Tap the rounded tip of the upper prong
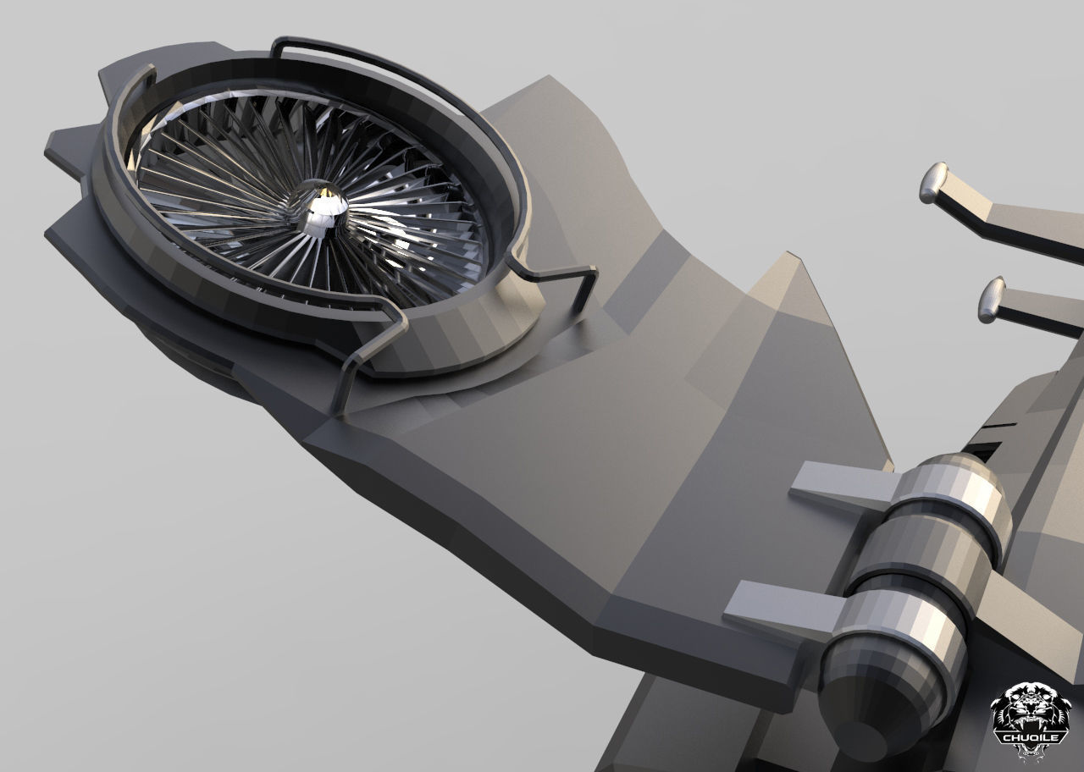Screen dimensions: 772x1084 coord(932,182)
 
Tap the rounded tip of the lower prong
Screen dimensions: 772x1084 coord(992,300)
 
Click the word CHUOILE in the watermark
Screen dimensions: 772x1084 coord(1031,736)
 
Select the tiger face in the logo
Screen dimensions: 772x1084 coord(1031,706)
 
